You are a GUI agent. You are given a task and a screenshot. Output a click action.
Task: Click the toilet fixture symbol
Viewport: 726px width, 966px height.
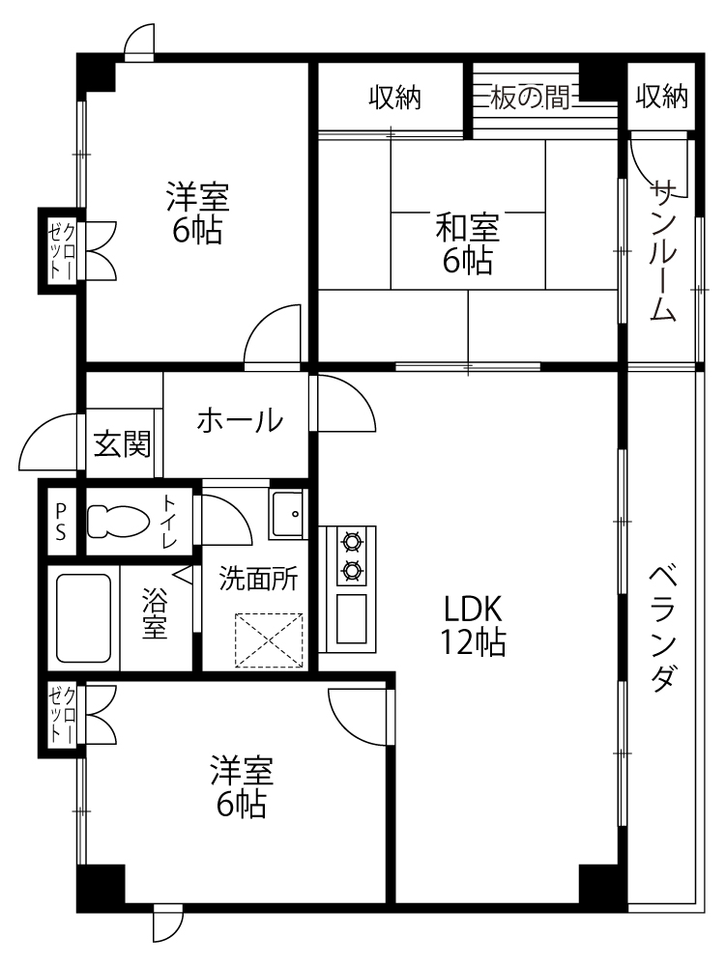coord(118,521)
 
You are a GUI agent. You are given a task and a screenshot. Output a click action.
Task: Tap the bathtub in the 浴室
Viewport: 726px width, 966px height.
coord(84,618)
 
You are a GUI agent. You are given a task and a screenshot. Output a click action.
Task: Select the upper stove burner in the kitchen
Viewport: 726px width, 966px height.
coord(352,542)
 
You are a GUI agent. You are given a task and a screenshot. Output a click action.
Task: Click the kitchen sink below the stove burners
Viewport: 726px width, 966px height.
coord(352,618)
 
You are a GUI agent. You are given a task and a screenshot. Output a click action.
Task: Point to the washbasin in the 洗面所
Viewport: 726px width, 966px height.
coord(287,514)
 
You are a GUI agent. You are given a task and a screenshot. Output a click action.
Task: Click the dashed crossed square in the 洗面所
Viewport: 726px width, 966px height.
coord(270,640)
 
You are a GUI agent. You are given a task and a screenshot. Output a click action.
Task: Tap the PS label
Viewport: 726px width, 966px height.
coord(60,521)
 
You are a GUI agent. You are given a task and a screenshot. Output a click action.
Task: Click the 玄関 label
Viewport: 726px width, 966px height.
coord(122,444)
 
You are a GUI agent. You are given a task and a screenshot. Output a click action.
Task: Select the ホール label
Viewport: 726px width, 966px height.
coord(240,421)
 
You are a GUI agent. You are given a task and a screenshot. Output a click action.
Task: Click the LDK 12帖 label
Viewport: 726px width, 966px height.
coord(472,625)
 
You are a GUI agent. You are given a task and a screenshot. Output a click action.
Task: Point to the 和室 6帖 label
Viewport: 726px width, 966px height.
coord(467,244)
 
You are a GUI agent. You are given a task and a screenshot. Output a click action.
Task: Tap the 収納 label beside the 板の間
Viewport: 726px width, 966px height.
coord(394,98)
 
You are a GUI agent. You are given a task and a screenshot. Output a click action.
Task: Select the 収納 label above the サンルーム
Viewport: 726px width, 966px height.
coord(661,96)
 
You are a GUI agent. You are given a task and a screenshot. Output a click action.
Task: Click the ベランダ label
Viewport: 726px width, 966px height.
coord(662,630)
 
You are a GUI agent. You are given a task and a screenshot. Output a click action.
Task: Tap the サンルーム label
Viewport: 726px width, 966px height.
coord(662,249)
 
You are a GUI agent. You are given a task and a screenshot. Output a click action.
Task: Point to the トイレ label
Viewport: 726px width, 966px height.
coord(169,522)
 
